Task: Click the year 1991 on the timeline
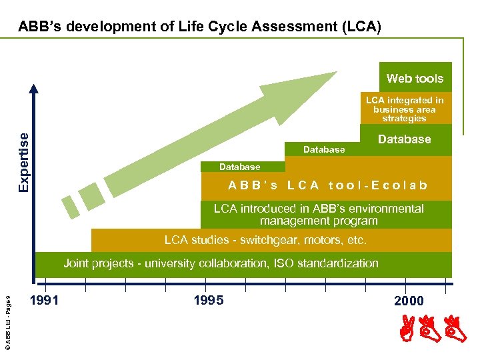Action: coord(45,300)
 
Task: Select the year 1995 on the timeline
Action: coord(208,300)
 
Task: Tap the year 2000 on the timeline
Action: coord(409,301)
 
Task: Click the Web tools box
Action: coord(415,78)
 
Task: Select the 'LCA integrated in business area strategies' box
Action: coord(405,109)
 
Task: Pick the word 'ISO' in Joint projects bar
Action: coord(287,263)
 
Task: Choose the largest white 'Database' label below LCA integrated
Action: coord(404,139)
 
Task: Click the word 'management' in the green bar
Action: coord(289,221)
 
